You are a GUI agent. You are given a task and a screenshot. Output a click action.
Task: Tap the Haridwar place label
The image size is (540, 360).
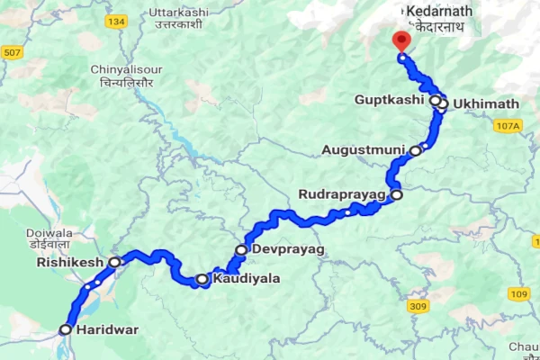108,329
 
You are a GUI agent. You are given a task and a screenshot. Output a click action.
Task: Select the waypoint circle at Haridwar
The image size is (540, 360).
65,330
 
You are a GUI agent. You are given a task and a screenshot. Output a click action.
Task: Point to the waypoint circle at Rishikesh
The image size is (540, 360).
114,262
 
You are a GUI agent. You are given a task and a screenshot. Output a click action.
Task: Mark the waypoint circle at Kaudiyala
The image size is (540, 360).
202,280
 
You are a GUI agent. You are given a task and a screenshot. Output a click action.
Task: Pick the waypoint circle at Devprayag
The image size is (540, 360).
241,249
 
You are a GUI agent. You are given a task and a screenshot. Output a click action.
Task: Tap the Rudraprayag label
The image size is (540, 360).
343,194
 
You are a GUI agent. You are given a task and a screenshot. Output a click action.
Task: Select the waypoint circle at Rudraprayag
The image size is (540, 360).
396,193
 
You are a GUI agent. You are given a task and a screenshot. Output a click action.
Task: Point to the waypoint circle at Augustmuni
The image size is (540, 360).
415,150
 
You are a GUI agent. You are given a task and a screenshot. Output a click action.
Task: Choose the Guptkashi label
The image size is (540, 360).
389,99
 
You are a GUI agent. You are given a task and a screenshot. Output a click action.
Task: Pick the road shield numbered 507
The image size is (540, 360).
11,53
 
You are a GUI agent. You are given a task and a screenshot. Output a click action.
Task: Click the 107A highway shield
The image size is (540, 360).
508,127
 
